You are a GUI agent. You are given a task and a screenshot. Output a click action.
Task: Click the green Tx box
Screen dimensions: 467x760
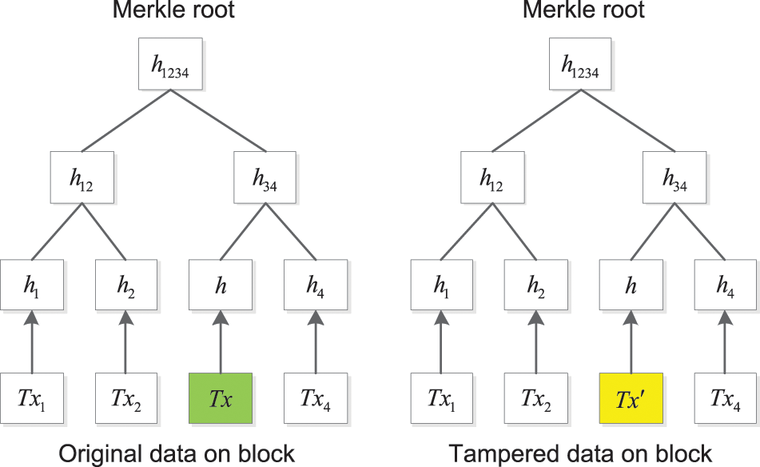221,397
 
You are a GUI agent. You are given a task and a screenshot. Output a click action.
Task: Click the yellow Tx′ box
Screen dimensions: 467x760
631,397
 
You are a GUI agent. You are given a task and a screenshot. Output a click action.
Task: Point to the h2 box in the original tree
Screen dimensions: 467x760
125,285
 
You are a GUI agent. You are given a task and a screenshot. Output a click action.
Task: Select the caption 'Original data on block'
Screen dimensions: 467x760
176,453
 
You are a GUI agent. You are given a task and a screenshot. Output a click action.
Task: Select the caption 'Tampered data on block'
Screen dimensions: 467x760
579,453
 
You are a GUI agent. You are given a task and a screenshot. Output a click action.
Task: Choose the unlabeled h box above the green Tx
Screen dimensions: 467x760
221,285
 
